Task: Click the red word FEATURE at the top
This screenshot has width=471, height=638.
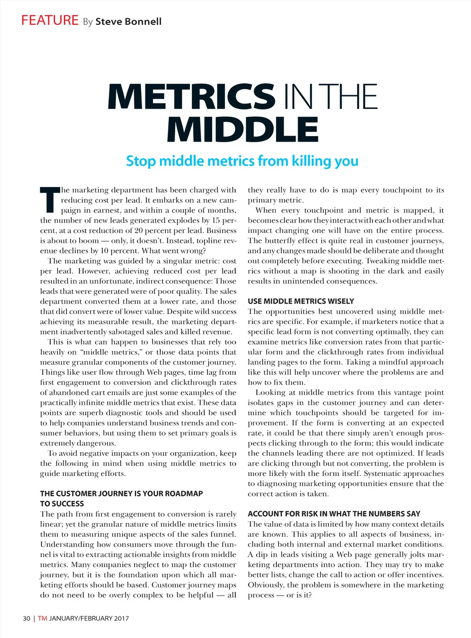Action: tap(50, 21)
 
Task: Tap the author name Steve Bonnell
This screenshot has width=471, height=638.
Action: tap(128, 22)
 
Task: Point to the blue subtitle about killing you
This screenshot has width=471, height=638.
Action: tap(242, 161)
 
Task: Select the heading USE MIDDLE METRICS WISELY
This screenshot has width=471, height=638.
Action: tap(301, 301)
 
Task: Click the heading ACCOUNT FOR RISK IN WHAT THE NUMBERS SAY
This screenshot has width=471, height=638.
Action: tap(334, 514)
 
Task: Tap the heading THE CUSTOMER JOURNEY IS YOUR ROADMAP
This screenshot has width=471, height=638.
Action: tap(121, 494)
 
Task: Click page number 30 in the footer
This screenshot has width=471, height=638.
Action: tap(27, 619)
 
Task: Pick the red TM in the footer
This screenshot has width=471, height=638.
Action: tap(42, 619)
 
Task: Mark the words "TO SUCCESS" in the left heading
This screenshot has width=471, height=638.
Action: tap(62, 504)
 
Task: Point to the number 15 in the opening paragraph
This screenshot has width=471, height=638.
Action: tap(216, 221)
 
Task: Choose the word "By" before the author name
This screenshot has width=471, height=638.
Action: tap(88, 22)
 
